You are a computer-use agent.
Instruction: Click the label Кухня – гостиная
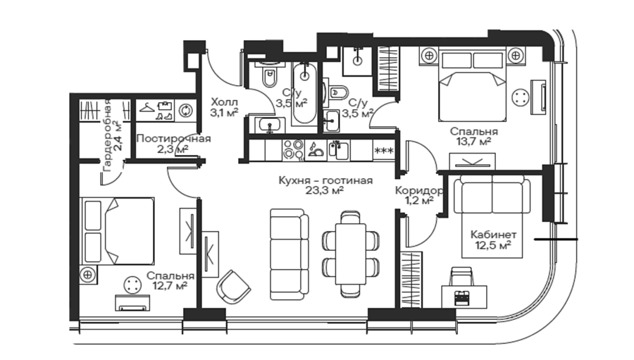(x=325, y=180)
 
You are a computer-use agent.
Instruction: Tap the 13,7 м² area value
(x=474, y=141)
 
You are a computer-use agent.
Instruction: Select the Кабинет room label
(x=493, y=235)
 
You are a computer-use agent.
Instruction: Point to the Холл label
(x=225, y=102)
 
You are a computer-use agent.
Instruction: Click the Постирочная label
(x=173, y=139)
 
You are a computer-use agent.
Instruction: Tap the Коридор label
(x=419, y=190)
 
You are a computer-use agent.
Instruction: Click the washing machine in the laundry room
(x=185, y=111)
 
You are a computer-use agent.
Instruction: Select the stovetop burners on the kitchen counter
(x=293, y=150)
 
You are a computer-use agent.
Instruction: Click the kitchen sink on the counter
(x=338, y=151)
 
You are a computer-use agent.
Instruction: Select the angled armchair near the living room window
(x=234, y=287)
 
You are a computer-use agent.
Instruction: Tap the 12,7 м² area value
(x=170, y=286)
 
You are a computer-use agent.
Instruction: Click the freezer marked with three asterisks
(x=384, y=151)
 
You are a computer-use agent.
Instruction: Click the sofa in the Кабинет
(x=492, y=194)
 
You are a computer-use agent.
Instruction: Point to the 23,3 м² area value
(x=325, y=190)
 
